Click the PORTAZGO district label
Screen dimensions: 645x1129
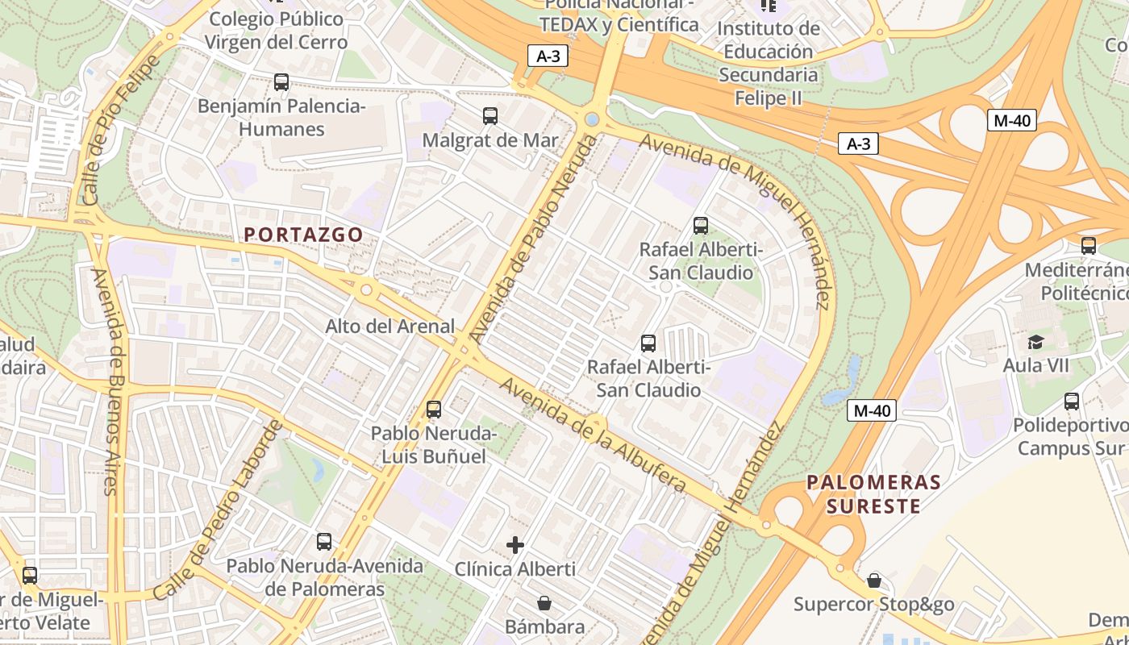point(303,234)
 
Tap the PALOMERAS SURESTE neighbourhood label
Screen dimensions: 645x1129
point(874,494)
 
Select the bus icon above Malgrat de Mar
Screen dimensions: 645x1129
point(490,116)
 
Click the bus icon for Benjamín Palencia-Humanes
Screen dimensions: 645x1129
point(281,82)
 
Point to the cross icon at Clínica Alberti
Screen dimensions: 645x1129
point(515,546)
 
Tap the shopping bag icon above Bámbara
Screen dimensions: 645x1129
point(544,603)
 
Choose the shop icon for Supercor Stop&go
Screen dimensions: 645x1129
point(873,580)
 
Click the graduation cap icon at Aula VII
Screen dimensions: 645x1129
point(1035,342)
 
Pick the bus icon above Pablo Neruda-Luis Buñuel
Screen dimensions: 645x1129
point(434,410)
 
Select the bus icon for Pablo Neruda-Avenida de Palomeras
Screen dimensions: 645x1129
point(324,542)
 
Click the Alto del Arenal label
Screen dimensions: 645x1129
point(390,327)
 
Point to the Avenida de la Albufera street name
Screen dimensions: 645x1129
point(593,435)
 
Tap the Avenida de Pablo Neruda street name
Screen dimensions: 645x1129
point(534,239)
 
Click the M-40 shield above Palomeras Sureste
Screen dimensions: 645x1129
point(872,410)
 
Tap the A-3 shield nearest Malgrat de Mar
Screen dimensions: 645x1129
point(548,56)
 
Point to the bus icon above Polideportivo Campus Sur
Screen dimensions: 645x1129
point(1072,401)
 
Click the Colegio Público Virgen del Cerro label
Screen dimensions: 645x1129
point(276,31)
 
